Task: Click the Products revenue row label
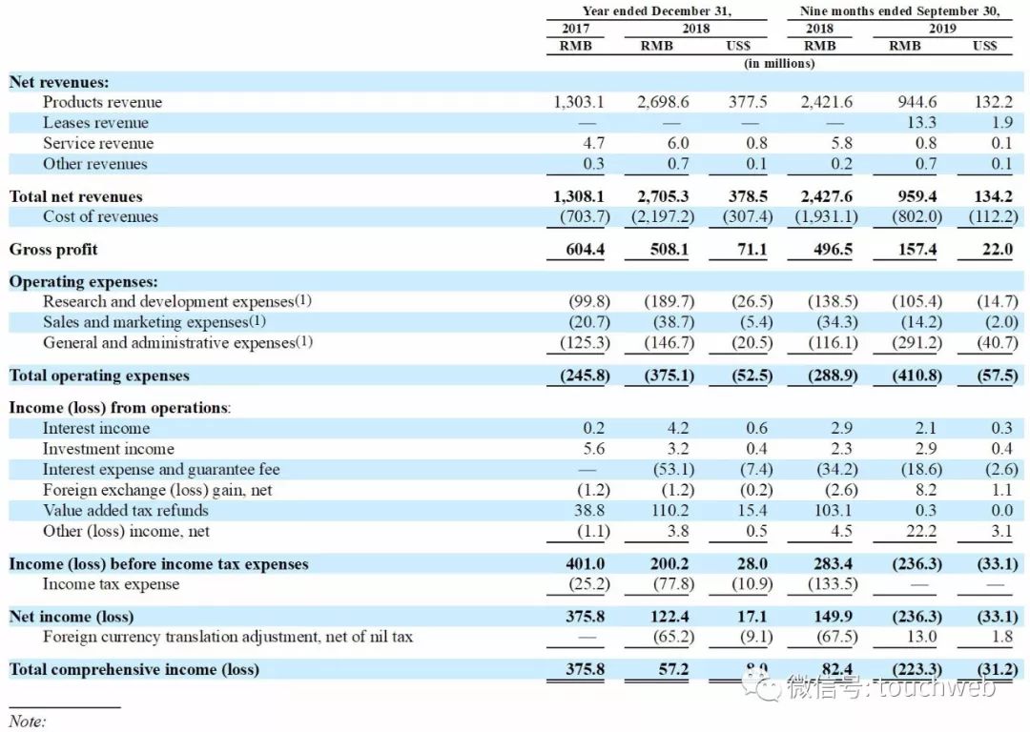point(102,102)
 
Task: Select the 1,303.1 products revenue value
point(579,102)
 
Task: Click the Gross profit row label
point(53,250)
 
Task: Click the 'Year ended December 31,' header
point(657,11)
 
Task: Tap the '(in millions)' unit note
point(779,64)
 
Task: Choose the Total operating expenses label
point(99,376)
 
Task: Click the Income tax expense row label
point(111,584)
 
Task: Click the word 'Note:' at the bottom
point(27,722)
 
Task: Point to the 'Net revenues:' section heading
point(59,82)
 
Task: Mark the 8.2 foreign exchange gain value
point(926,490)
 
